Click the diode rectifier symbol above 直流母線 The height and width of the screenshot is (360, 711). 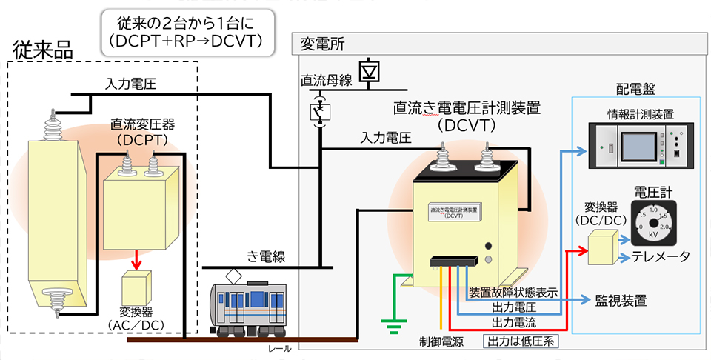tap(368, 70)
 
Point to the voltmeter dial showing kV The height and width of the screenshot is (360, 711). tap(652, 222)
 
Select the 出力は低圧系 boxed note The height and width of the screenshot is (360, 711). tap(521, 341)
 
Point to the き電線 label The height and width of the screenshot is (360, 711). tap(266, 256)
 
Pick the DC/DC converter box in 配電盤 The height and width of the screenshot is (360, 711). tap(602, 247)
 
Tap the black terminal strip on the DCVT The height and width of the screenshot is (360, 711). tap(451, 260)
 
